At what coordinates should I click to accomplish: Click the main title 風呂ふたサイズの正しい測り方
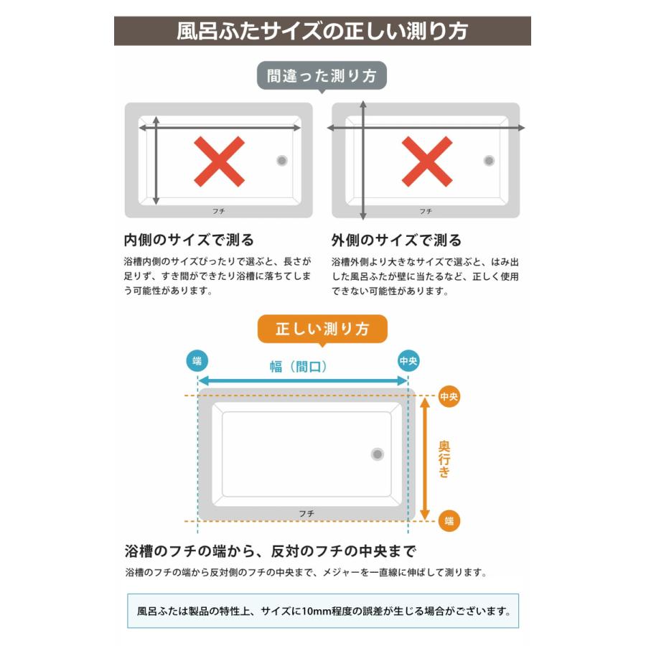click(x=322, y=32)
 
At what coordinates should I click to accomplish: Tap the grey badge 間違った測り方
click(x=322, y=76)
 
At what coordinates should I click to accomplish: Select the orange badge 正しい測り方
click(x=322, y=329)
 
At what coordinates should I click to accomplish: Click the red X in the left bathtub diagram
click(x=219, y=161)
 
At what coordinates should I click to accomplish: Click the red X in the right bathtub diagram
click(x=426, y=161)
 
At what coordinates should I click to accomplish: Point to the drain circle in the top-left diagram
click(x=282, y=161)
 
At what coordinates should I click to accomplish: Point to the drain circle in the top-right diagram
click(x=490, y=161)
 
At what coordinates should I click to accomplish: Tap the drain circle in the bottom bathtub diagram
click(x=378, y=454)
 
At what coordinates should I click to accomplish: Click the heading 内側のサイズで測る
click(x=189, y=240)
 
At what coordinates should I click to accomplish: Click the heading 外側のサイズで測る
click(x=396, y=240)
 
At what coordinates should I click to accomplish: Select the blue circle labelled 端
click(x=197, y=360)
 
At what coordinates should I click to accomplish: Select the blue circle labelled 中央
click(x=408, y=360)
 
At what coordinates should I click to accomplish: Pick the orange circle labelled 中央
click(x=449, y=395)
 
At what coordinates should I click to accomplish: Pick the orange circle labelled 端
click(x=449, y=520)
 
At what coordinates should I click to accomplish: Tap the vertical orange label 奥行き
click(x=445, y=459)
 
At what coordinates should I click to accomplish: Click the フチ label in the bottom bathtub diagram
click(x=306, y=512)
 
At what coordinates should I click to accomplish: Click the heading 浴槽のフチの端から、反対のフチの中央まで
click(x=271, y=552)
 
